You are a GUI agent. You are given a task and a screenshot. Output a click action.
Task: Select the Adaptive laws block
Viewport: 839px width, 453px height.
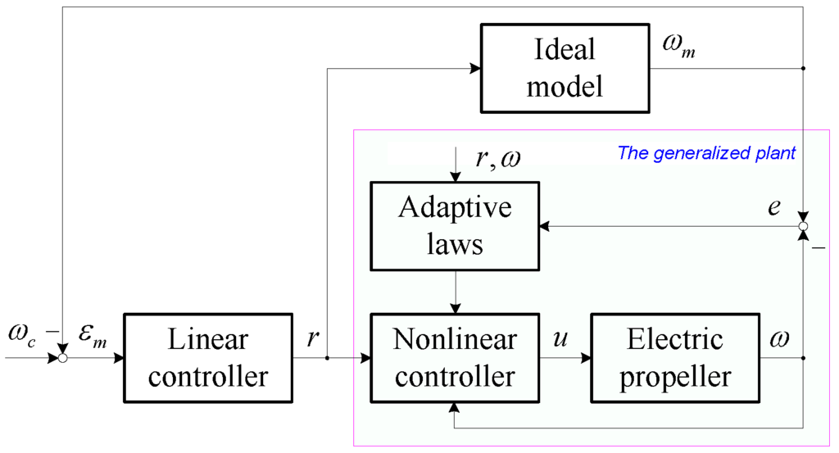(455, 224)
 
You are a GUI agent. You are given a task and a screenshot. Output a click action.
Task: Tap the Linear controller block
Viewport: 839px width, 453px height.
(207, 358)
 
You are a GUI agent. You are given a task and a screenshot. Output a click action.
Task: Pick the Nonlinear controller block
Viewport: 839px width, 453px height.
(455, 358)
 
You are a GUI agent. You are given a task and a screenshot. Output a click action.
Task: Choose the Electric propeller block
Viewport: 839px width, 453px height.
(676, 358)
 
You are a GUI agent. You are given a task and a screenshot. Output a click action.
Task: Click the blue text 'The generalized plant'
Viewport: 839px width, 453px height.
(705, 152)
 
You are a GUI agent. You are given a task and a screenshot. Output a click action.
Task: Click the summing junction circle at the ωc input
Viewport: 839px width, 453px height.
(62, 358)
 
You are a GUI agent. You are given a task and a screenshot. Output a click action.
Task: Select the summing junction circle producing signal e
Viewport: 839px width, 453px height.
(803, 225)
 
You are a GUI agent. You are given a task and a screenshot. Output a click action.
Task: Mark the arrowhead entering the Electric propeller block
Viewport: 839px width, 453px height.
(585, 358)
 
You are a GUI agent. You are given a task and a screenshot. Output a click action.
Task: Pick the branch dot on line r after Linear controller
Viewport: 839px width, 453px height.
(327, 358)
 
